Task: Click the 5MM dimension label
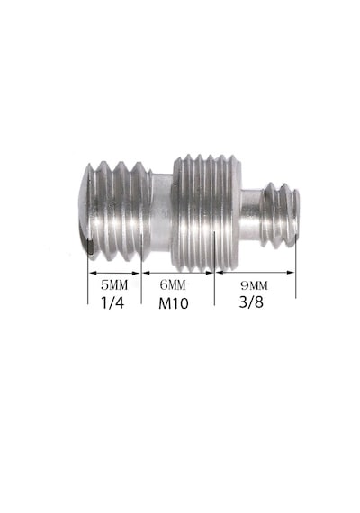pyautogui.click(x=114, y=285)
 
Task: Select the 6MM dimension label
pyautogui.click(x=173, y=285)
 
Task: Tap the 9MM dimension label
pyautogui.click(x=254, y=285)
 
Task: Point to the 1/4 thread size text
pyautogui.click(x=112, y=302)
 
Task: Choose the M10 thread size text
pyautogui.click(x=174, y=303)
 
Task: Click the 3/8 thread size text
pyautogui.click(x=251, y=302)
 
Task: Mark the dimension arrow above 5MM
pyautogui.click(x=114, y=273)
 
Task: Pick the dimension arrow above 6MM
pyautogui.click(x=178, y=273)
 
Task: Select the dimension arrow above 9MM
pyautogui.click(x=256, y=272)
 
